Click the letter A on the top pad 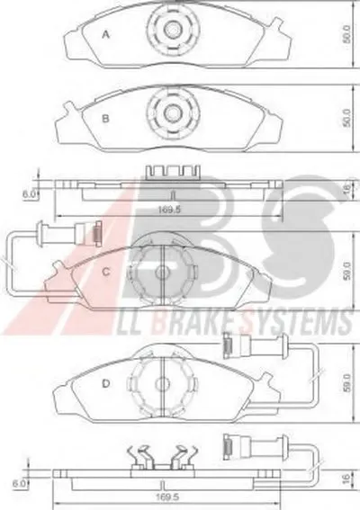tap(105, 34)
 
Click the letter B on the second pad tap(105, 119)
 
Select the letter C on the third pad tap(106, 272)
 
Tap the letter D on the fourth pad tap(106, 384)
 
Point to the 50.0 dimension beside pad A tap(347, 34)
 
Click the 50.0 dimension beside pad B tap(347, 118)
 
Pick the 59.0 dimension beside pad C tap(347, 271)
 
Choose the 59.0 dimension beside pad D tap(347, 383)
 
